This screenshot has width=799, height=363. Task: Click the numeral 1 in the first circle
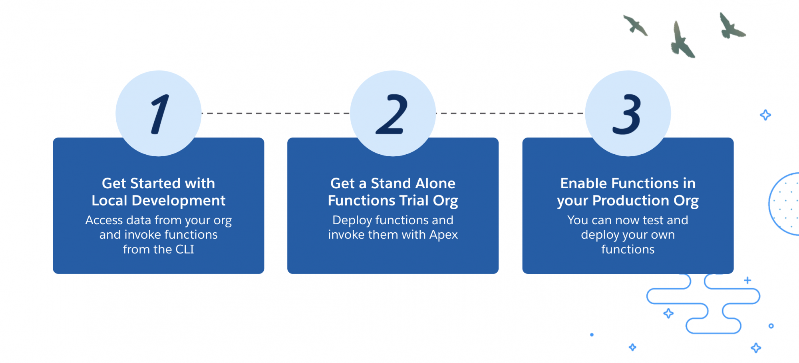pyautogui.click(x=160, y=114)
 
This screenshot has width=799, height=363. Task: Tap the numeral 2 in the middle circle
pyautogui.click(x=392, y=114)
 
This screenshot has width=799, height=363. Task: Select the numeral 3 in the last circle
pyautogui.click(x=627, y=114)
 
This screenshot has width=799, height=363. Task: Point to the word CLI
pyautogui.click(x=185, y=249)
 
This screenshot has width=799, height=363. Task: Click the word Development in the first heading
pyautogui.click(x=179, y=201)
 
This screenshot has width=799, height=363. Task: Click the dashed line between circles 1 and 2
pyautogui.click(x=276, y=114)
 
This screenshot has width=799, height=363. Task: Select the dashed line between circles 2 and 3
pyautogui.click(x=510, y=114)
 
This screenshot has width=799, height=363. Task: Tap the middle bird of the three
pyautogui.click(x=682, y=40)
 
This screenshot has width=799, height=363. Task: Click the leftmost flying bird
pyautogui.click(x=635, y=25)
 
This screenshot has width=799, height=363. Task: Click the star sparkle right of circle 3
pyautogui.click(x=765, y=115)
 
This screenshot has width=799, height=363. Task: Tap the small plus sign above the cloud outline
pyautogui.click(x=747, y=280)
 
